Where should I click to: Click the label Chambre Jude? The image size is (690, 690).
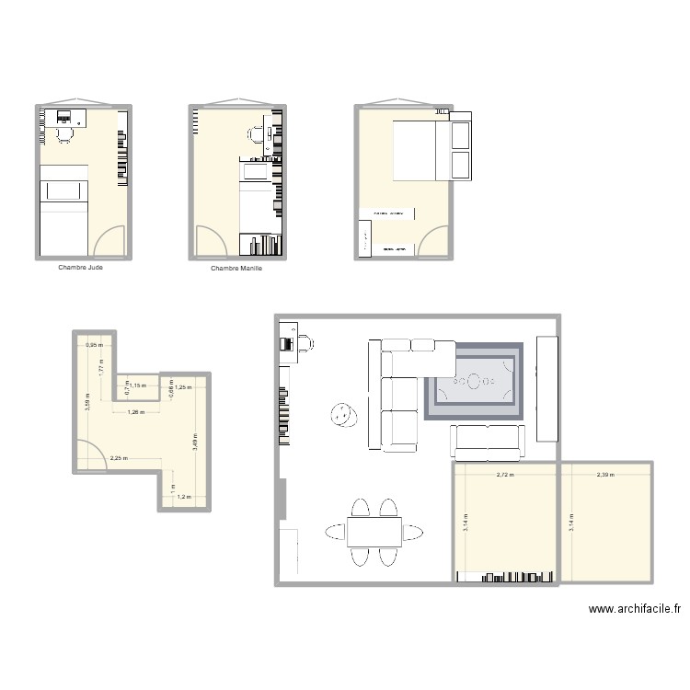coord(80,269)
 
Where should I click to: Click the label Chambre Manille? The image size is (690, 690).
coord(236,269)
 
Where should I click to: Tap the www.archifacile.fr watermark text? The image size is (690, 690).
coord(636,608)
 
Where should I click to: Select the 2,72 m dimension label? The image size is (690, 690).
coord(505,476)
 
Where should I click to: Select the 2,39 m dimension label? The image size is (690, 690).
coord(605,476)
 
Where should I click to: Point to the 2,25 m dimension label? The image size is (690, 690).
coord(118,458)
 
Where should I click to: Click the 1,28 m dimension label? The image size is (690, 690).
coord(136,411)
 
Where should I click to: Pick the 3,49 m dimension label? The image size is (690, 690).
coord(195,442)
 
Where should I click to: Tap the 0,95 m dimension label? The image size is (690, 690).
coord(93,346)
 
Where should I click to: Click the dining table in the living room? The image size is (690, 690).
coord(374,531)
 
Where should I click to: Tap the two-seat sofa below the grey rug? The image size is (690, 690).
coord(487,443)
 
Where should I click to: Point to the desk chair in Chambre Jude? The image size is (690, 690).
coord(64,134)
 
